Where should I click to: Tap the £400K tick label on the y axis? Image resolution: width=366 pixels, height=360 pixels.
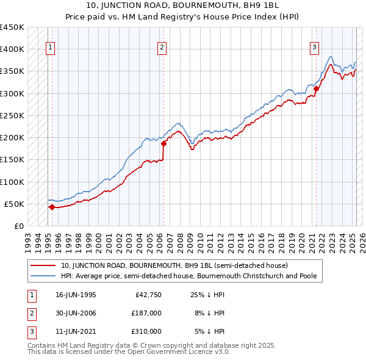pyautogui.click(x=12, y=49)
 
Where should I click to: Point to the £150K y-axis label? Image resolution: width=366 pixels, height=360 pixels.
pyautogui.click(x=12, y=160)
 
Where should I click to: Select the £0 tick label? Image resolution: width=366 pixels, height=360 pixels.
pyautogui.click(x=19, y=226)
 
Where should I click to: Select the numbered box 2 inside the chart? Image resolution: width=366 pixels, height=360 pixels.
pyautogui.click(x=162, y=48)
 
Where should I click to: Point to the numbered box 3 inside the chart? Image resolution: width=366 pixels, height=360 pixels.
pyautogui.click(x=314, y=48)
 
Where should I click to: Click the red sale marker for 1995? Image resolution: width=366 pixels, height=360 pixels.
pyautogui.click(x=52, y=207)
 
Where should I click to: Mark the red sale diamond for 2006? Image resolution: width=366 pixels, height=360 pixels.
pyautogui.click(x=163, y=144)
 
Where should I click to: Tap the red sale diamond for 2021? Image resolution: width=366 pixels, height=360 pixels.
pyautogui.click(x=316, y=89)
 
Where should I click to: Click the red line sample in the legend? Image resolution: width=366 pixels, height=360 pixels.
pyautogui.click(x=44, y=265)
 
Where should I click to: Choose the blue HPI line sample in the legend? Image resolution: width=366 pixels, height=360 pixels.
pyautogui.click(x=44, y=276)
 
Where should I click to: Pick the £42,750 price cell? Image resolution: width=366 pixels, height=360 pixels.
pyautogui.click(x=148, y=294)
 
